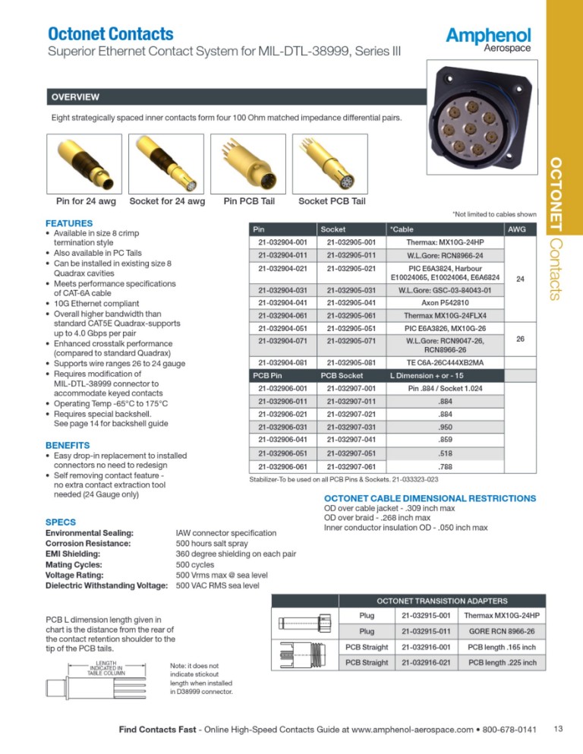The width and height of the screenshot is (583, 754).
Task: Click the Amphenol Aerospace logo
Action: click(488, 39)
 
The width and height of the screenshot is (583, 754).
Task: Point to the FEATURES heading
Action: click(69, 223)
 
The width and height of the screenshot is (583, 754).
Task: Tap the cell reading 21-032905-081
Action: click(351, 361)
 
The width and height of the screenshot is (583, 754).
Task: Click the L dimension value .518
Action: click(445, 453)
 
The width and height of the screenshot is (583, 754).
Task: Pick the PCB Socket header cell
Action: click(342, 375)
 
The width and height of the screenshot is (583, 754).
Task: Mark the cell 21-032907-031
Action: click(351, 427)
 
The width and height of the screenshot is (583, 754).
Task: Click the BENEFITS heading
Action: click(68, 444)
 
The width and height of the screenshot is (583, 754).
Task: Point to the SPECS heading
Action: click(60, 522)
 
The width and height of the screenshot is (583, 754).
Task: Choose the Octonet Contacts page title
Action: click(111, 34)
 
